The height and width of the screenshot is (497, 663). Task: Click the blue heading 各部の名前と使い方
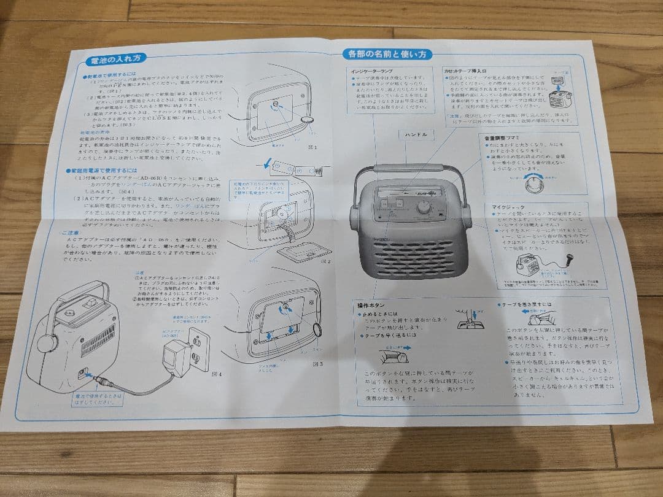tap(387, 54)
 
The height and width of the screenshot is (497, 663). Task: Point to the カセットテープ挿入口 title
tap(470, 71)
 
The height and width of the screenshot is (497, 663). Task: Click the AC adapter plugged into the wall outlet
tap(176, 360)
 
